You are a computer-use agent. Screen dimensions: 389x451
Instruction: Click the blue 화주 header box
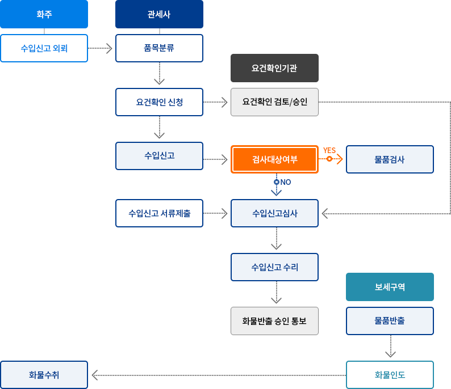click(x=44, y=14)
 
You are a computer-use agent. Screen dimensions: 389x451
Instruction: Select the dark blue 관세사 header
click(x=159, y=14)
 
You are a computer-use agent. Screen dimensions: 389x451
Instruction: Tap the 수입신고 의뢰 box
click(x=44, y=48)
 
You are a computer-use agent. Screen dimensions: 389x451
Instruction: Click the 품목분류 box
click(x=159, y=48)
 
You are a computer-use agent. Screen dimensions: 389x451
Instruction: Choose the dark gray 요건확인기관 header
click(x=274, y=68)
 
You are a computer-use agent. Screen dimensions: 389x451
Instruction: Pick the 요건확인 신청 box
click(x=159, y=102)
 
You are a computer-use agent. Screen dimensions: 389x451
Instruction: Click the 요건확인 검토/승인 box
click(x=274, y=102)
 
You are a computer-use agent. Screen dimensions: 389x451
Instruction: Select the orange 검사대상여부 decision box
click(x=274, y=159)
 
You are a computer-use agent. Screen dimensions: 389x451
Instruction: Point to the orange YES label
click(x=329, y=150)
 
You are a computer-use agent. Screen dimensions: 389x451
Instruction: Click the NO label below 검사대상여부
click(x=285, y=182)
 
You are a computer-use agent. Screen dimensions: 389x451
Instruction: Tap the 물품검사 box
click(x=390, y=159)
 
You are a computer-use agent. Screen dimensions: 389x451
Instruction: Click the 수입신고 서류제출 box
click(x=159, y=213)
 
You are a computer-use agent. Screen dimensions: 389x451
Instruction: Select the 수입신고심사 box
click(x=274, y=213)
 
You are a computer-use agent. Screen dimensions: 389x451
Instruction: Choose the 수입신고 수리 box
click(x=274, y=267)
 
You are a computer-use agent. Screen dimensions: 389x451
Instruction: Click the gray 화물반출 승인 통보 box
click(x=274, y=321)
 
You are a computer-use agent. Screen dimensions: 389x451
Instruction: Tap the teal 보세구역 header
click(x=390, y=287)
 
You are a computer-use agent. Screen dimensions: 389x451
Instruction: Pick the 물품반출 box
click(x=390, y=321)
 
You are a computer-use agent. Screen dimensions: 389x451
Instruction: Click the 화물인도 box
click(x=390, y=375)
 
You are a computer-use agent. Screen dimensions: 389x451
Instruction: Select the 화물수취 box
click(x=44, y=375)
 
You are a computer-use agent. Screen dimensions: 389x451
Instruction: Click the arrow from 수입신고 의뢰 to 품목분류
click(x=101, y=48)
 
